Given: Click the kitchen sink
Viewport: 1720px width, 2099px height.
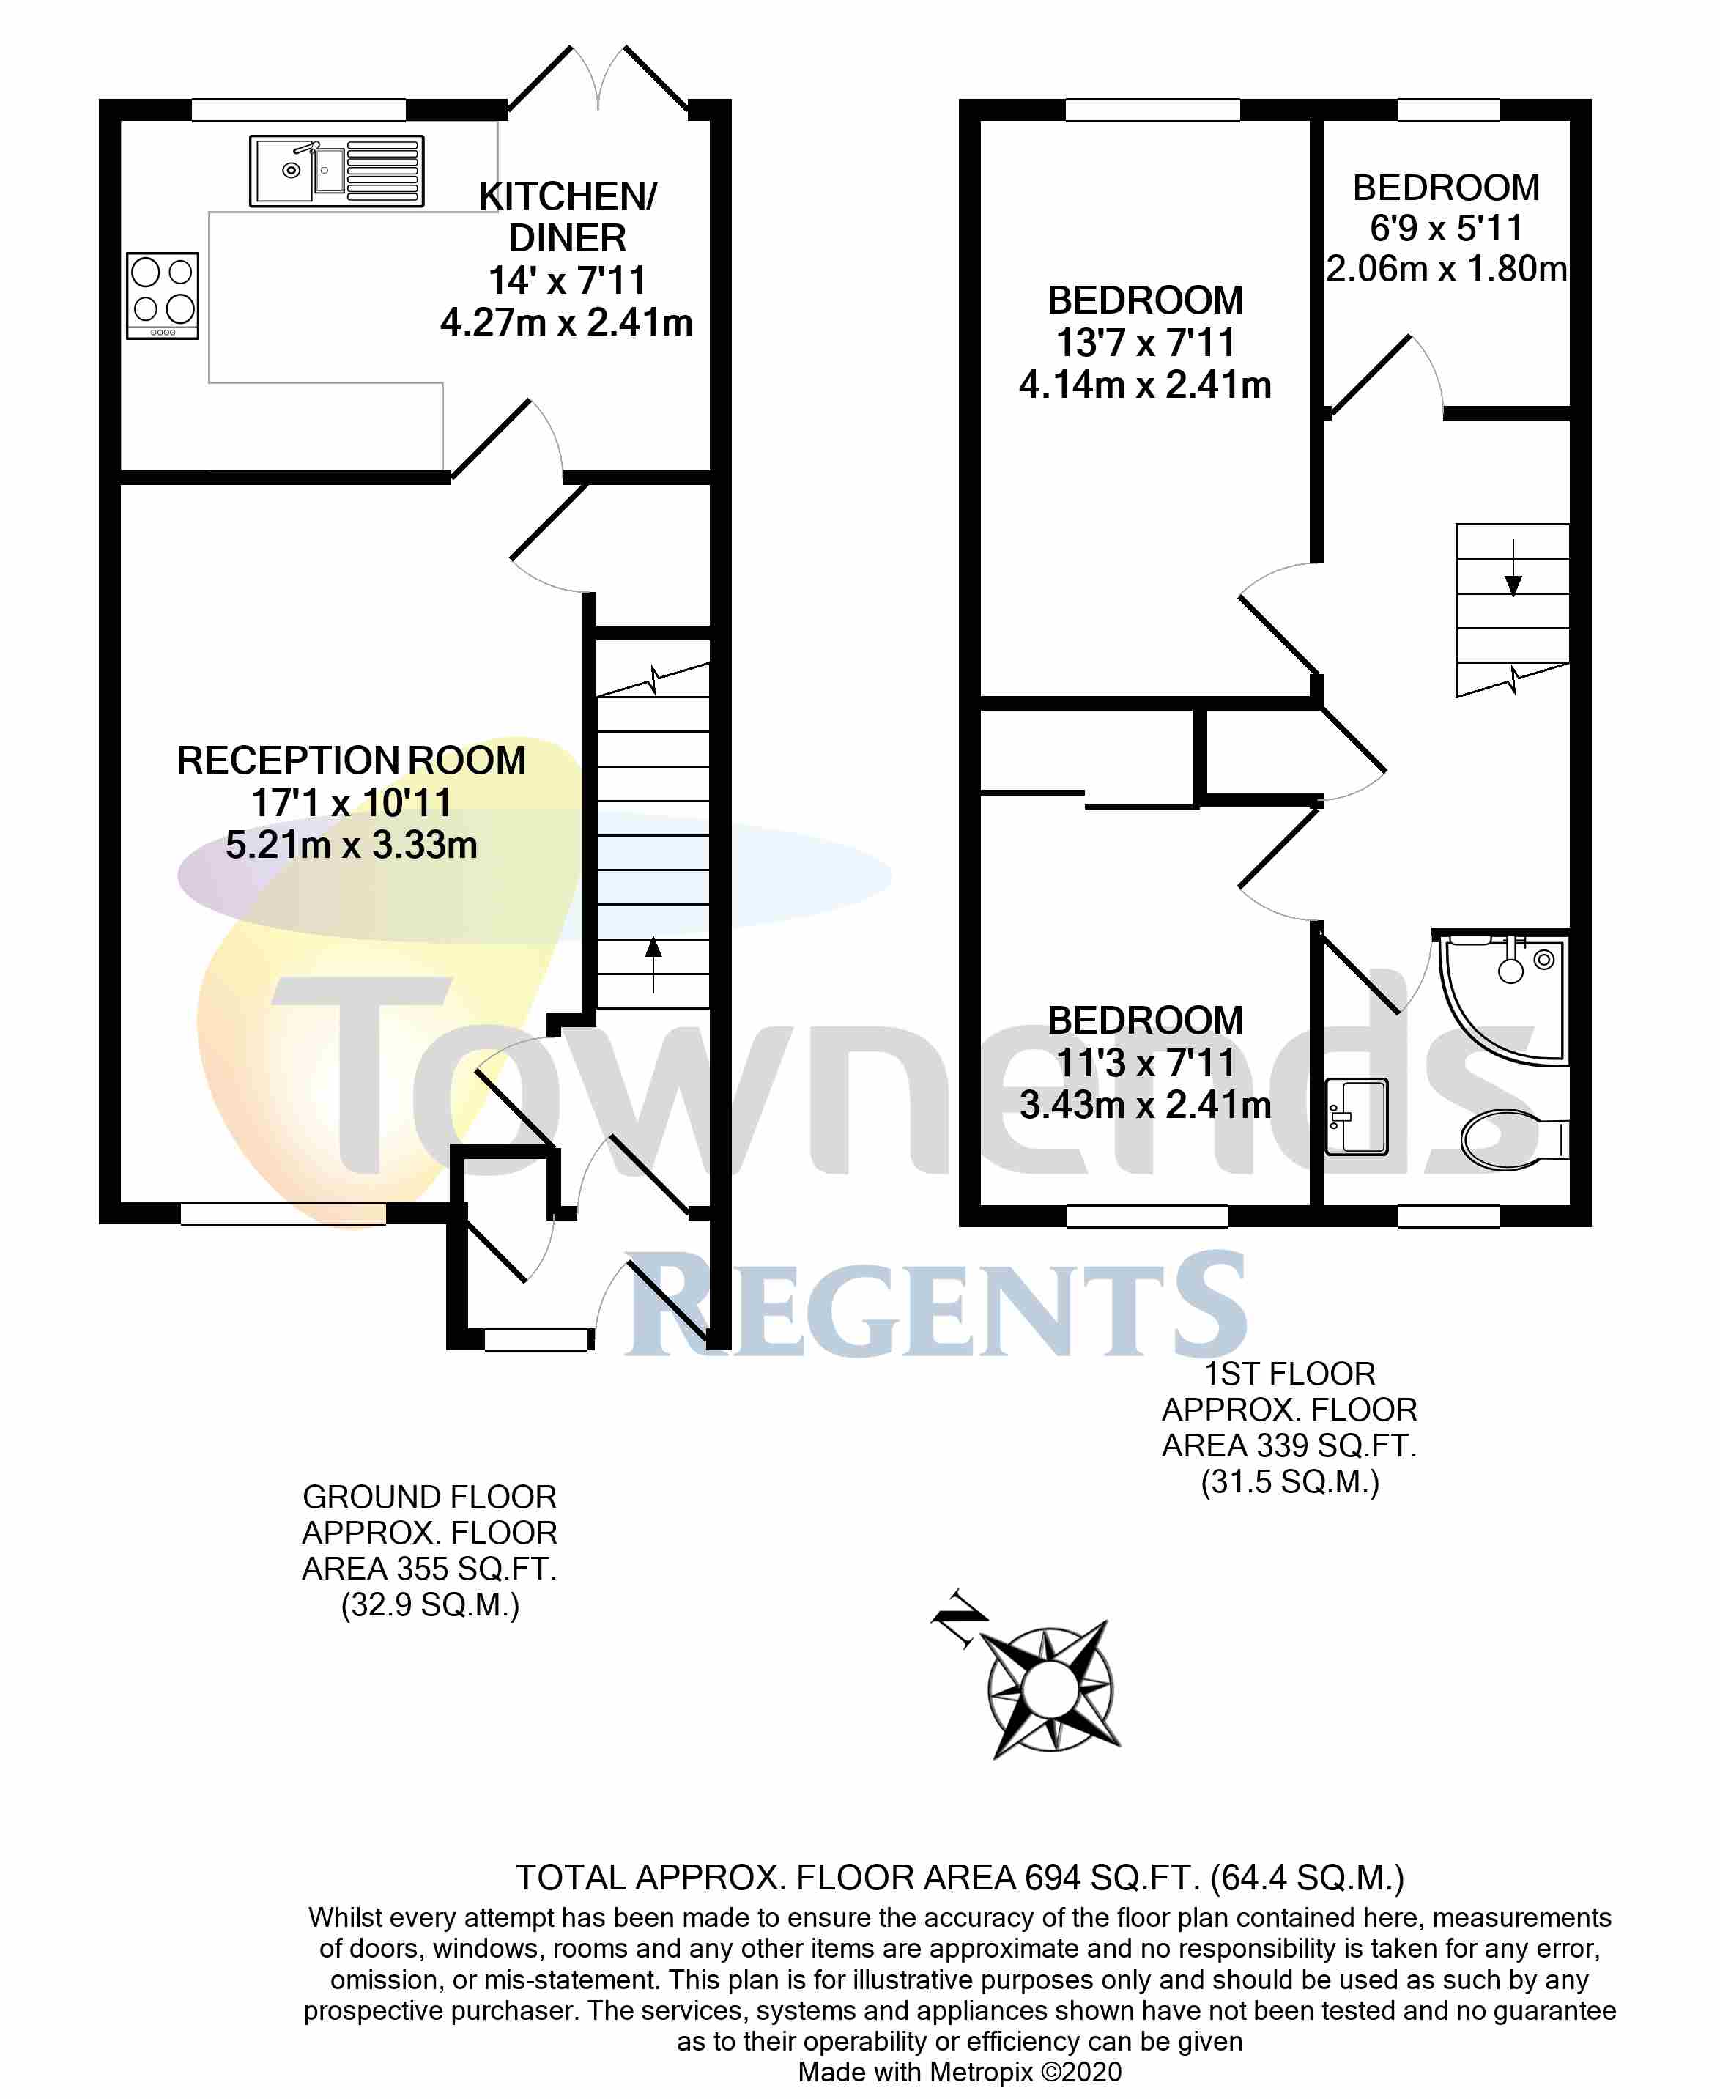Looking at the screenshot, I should click(336, 171).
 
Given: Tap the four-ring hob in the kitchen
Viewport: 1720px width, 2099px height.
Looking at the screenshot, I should click(163, 295).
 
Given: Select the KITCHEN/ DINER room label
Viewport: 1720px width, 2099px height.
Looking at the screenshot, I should click(567, 217).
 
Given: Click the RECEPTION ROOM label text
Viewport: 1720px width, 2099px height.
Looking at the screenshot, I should click(351, 760).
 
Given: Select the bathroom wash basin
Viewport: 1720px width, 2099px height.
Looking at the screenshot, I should click(1357, 1117).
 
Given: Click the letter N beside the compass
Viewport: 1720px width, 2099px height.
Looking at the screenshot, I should click(959, 1619).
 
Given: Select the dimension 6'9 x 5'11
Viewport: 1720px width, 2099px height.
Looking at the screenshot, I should click(1445, 228).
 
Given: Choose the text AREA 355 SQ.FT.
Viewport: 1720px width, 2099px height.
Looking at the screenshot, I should click(429, 1569).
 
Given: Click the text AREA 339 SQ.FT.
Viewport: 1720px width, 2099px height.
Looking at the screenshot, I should click(1289, 1446).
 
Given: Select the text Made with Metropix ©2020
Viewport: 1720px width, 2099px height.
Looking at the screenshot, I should click(959, 2072).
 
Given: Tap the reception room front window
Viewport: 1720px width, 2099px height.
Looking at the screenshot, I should click(283, 1213).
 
